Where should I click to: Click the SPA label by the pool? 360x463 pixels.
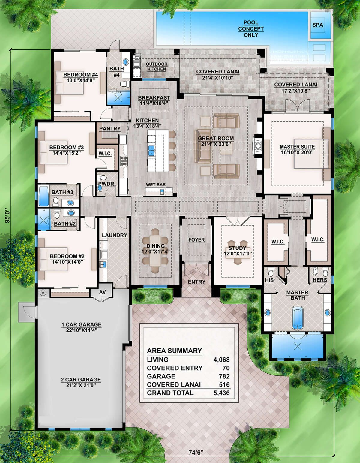coord(318,25)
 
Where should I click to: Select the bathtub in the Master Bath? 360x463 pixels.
coord(297,318)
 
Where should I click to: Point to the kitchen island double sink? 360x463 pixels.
coord(151,151)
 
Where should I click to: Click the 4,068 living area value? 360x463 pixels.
coord(221,360)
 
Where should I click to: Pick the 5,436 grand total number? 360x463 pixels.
coord(221,393)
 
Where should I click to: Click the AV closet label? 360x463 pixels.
coord(103,292)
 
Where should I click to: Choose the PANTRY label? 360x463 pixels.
coord(110,129)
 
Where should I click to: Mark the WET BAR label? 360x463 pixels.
coord(156,184)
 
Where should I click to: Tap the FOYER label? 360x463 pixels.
coord(196,240)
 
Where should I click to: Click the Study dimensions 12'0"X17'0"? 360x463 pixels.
coord(238,254)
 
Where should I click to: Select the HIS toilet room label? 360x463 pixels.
coord(269,280)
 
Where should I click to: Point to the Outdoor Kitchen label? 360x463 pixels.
coord(157,67)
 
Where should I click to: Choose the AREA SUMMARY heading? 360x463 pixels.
coord(174,351)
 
